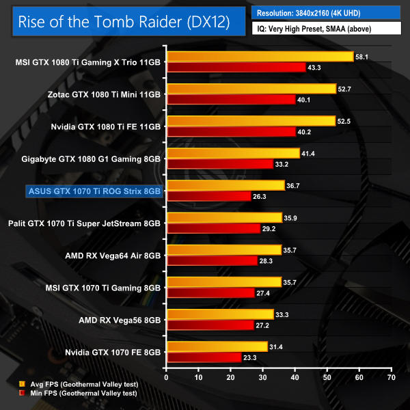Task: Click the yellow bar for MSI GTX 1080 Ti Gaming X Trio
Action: (260, 57)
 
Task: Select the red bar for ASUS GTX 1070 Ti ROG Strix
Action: (208, 195)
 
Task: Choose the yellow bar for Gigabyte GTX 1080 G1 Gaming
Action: (233, 153)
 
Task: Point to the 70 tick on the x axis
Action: (391, 377)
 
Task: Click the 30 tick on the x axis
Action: (262, 377)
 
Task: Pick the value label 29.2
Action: (269, 228)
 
